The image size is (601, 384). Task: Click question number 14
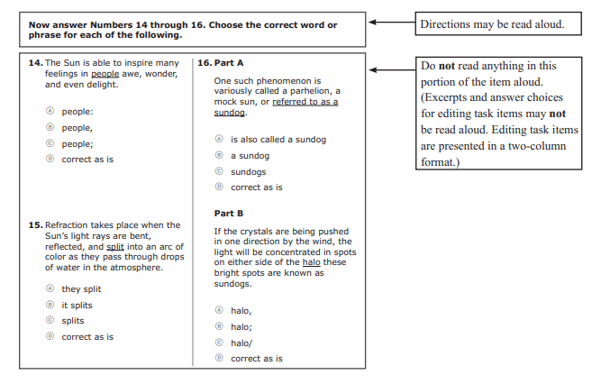coord(35,63)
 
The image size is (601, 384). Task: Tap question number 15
coord(35,224)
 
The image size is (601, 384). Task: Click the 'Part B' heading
coord(229,214)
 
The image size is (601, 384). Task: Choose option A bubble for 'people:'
coord(50,112)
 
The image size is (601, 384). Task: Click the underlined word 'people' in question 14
coord(105,74)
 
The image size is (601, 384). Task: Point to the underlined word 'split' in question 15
coord(115,246)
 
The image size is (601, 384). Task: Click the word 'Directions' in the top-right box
coord(448,24)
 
